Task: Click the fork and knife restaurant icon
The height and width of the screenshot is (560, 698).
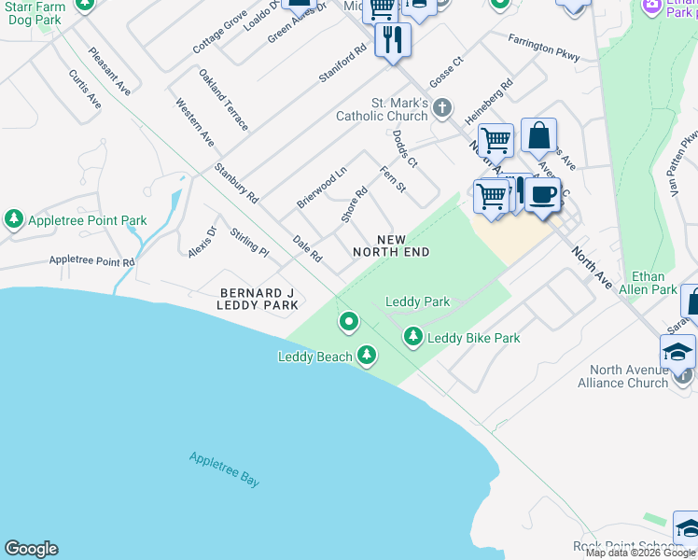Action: [x=393, y=39]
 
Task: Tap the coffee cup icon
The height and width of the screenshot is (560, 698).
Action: [x=542, y=195]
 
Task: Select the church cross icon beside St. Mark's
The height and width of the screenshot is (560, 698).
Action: [x=443, y=111]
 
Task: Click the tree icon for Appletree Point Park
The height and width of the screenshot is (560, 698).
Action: [x=14, y=219]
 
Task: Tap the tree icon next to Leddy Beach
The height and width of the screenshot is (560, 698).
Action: [x=367, y=355]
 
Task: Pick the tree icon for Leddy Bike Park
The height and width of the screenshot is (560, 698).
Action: [x=412, y=336]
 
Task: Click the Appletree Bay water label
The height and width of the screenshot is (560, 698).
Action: [x=224, y=469]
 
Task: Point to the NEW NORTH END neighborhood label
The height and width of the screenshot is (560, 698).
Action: [x=391, y=245]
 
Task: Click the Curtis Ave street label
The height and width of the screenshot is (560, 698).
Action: [x=85, y=89]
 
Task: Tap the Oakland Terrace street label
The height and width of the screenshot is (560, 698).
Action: [x=224, y=98]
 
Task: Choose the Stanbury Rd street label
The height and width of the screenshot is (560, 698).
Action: [x=235, y=183]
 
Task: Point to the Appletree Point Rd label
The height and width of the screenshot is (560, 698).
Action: [x=92, y=262]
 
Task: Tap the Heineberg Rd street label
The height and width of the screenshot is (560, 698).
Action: [x=490, y=100]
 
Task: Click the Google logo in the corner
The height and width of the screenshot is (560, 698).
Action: [x=31, y=549]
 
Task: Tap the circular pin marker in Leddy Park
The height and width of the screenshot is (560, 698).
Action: [x=349, y=322]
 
